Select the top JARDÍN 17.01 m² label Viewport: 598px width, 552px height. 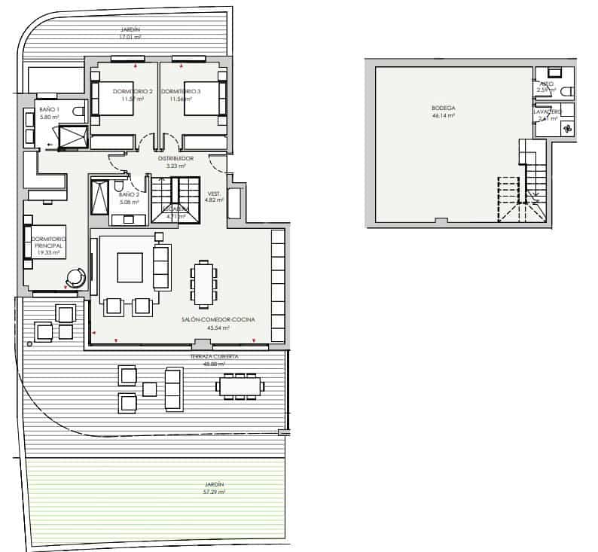tap(130, 29)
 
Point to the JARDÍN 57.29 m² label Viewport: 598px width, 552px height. tap(214, 484)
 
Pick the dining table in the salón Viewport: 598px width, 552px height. tap(203, 283)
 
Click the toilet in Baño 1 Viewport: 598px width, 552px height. tap(78, 112)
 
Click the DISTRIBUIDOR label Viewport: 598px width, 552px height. tap(175, 159)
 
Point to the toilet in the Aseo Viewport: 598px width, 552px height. tap(566, 91)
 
